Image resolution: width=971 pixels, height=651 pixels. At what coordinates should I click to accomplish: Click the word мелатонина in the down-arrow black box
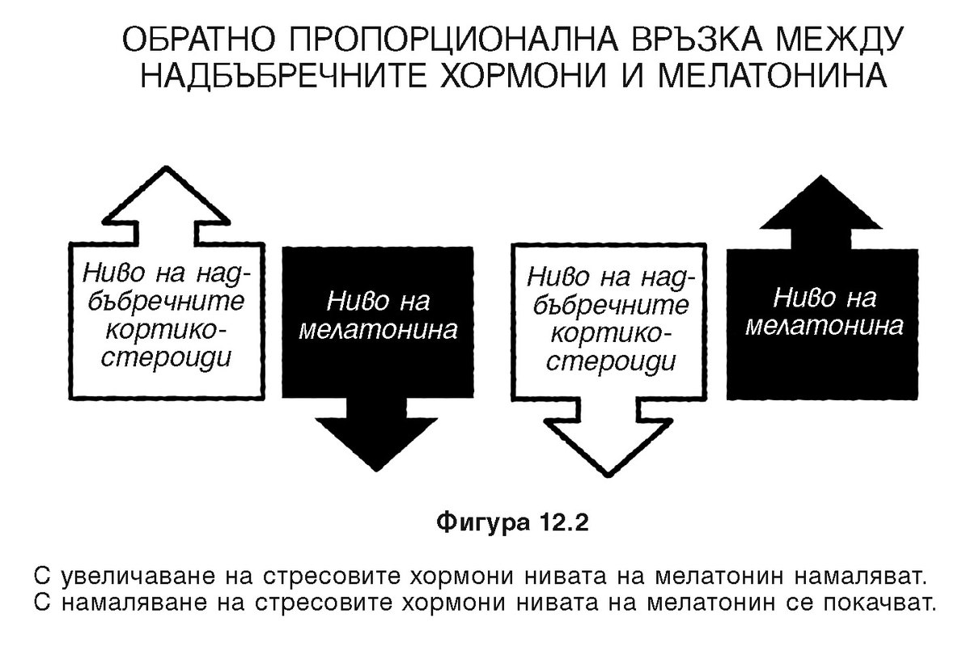pos(377,331)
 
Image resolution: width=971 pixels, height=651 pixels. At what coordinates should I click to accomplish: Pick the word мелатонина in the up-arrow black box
pos(824,327)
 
